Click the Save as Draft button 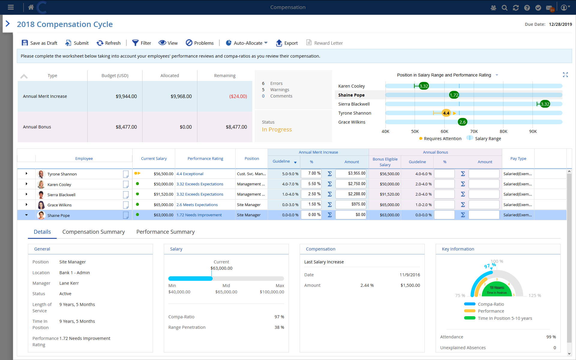pyautogui.click(x=40, y=43)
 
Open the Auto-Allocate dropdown pyautogui.click(x=247, y=43)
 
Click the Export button pyautogui.click(x=287, y=43)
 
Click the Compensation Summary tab pyautogui.click(x=93, y=232)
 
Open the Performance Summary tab pyautogui.click(x=165, y=232)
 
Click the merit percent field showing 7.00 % pyautogui.click(x=311, y=173)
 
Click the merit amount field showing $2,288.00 pyautogui.click(x=351, y=194)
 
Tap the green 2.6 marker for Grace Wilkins pyautogui.click(x=462, y=122)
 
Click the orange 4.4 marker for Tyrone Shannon pyautogui.click(x=446, y=113)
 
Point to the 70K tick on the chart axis pyautogui.click(x=474, y=131)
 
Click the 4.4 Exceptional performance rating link pyautogui.click(x=190, y=174)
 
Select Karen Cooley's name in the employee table pyautogui.click(x=59, y=184)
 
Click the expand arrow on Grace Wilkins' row pyautogui.click(x=26, y=205)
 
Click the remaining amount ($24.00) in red pyautogui.click(x=238, y=96)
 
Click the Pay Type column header pyautogui.click(x=518, y=159)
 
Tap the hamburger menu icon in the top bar pyautogui.click(x=11, y=7)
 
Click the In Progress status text pyautogui.click(x=277, y=130)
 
